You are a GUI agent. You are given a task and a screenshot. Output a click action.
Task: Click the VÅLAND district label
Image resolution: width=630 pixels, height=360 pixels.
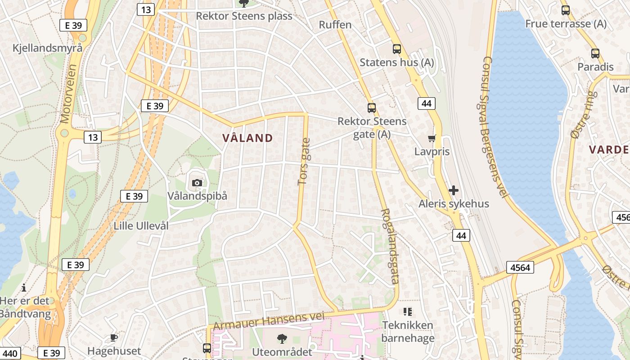pyautogui.click(x=247, y=138)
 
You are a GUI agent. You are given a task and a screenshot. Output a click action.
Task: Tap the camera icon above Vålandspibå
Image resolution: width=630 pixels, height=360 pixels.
pyautogui.click(x=197, y=183)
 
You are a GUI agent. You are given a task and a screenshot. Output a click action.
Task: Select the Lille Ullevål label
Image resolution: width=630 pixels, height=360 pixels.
pyautogui.click(x=141, y=226)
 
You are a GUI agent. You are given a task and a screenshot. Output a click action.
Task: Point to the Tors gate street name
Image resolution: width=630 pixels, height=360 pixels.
pyautogui.click(x=304, y=162)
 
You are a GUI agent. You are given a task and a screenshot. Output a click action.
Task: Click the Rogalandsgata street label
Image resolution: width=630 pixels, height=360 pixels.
pyautogui.click(x=390, y=246)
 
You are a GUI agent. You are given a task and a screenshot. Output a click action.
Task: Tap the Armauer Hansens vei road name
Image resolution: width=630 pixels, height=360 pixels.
pyautogui.click(x=269, y=320)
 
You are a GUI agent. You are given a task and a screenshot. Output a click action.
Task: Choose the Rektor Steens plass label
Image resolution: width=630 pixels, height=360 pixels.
pyautogui.click(x=244, y=16)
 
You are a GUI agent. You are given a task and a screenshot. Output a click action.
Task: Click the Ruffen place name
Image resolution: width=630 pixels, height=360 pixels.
pyautogui.click(x=335, y=25)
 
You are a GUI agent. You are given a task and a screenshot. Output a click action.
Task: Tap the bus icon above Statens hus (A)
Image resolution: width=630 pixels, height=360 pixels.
pyautogui.click(x=396, y=49)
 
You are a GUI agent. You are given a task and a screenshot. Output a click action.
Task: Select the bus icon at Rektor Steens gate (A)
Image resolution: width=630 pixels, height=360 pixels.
pyautogui.click(x=371, y=108)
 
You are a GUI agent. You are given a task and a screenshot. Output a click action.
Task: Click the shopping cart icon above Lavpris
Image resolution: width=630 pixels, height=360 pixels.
pyautogui.click(x=432, y=138)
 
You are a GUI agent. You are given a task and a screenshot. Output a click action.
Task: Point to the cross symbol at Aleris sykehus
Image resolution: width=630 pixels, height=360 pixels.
pyautogui.click(x=454, y=190)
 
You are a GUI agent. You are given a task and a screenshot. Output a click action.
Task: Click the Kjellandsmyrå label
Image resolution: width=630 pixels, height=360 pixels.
pyautogui.click(x=47, y=48)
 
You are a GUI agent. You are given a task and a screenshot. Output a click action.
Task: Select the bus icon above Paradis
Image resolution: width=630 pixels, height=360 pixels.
pyautogui.click(x=595, y=54)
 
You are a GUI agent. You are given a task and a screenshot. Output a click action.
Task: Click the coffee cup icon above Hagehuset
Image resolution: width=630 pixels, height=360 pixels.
pyautogui.click(x=114, y=337)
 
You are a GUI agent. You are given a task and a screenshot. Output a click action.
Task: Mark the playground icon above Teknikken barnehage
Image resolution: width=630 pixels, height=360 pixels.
pyautogui.click(x=408, y=311)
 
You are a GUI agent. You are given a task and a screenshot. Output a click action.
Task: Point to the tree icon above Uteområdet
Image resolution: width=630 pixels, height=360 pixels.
pyautogui.click(x=282, y=338)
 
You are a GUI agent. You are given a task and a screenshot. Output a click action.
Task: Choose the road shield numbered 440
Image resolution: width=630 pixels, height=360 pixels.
pyautogui.click(x=10, y=353)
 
